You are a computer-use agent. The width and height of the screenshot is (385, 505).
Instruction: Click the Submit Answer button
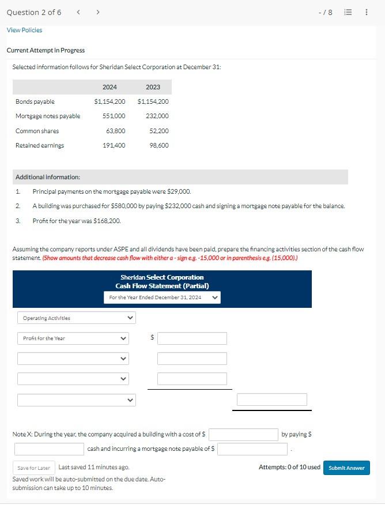pos(346,468)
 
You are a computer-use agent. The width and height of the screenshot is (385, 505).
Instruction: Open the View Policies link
pos(24,30)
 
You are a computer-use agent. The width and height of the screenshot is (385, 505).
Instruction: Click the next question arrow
pos(98,12)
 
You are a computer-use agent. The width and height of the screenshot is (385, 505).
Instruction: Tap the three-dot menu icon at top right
pos(367,12)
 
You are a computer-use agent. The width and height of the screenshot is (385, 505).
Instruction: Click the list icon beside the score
pos(348,12)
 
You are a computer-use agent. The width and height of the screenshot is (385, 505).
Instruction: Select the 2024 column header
pos(110,87)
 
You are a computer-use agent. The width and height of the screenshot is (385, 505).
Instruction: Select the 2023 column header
pos(153,87)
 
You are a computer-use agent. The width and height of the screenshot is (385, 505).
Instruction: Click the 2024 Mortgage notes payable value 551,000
pos(114,116)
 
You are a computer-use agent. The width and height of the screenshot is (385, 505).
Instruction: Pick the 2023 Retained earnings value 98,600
pos(158,145)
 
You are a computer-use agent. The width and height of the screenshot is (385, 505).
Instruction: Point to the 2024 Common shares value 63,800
pos(116,131)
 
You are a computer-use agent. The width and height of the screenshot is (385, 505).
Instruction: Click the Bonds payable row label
pos(35,101)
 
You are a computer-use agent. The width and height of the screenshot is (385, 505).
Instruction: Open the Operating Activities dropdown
pos(76,318)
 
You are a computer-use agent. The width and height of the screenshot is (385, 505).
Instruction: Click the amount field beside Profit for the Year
pos(192,338)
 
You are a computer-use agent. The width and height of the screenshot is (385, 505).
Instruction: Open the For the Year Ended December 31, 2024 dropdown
pos(162,297)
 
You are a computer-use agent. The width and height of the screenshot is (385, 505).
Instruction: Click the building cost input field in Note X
pos(244,434)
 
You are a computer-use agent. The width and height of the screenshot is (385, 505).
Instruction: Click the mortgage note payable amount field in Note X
pos(252,449)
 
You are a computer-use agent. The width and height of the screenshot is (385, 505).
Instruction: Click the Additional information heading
pos(48,177)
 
